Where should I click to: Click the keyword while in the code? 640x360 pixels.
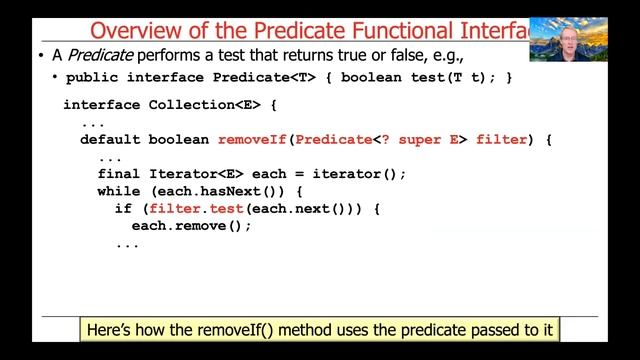[118, 191]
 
